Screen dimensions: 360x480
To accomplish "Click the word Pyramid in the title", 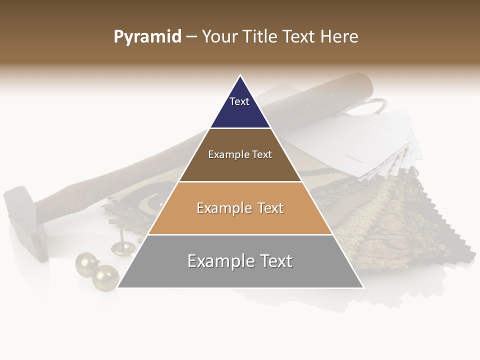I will pyautogui.click(x=147, y=37).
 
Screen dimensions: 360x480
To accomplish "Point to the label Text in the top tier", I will pyautogui.click(x=239, y=101).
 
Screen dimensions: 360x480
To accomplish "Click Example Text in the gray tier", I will pyautogui.click(x=240, y=261).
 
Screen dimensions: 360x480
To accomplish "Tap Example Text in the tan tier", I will pyautogui.click(x=240, y=208).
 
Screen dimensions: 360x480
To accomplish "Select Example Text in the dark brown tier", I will pyautogui.click(x=240, y=154).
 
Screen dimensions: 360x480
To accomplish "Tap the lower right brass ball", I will pyautogui.click(x=105, y=277).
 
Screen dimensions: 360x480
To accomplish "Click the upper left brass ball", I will pyautogui.click(x=86, y=263).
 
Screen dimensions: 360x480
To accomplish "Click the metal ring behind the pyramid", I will pyautogui.click(x=375, y=105).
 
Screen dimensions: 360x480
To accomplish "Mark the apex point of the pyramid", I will pyautogui.click(x=240, y=76).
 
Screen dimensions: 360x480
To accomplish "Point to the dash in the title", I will pyautogui.click(x=191, y=37).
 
